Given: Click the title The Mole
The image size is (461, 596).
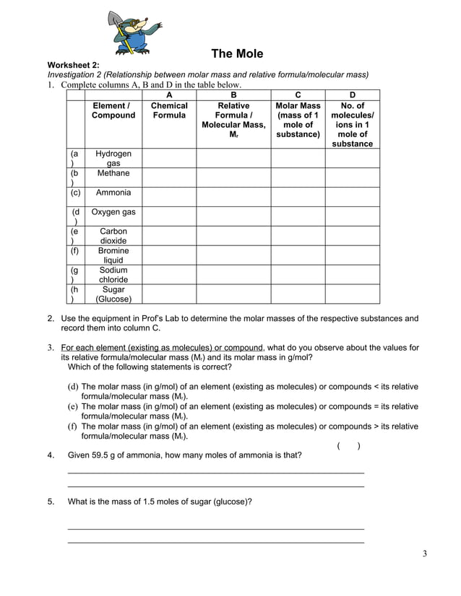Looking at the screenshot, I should tap(236, 54).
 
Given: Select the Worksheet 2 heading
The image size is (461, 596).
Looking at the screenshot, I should tap(74, 65).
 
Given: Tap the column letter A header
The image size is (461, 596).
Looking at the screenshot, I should tap(169, 95).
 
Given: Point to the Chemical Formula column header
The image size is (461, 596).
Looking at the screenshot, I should tap(169, 110).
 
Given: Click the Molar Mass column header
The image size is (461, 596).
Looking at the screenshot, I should tap(298, 120).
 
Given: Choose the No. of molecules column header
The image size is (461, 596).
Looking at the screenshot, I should tap(352, 124).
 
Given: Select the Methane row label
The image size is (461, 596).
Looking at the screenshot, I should tap(113, 174).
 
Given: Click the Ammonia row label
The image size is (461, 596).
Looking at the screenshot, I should tap(113, 193).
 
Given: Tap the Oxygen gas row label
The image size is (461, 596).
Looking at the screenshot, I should tap(113, 212).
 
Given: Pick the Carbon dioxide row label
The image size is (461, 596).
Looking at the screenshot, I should tap(113, 236).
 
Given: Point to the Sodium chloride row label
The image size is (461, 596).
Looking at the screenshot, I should tap(113, 275).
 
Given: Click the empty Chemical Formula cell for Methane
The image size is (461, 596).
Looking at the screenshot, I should tap(169, 178).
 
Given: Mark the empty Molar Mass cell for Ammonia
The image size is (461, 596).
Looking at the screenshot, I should tap(298, 196).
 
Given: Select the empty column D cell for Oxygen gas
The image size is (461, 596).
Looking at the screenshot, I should tap(352, 216).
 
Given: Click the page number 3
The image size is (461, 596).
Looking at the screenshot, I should tap(425, 554).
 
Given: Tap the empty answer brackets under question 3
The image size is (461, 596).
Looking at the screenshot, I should tap(349, 446).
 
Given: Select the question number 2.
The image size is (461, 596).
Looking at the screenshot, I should tap(51, 318).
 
